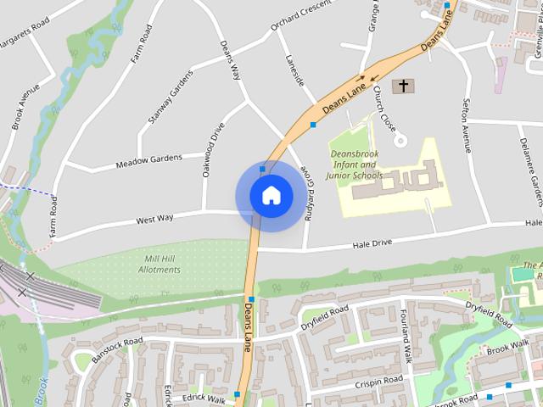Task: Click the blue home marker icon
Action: [x=271, y=196]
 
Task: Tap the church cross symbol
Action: [x=404, y=86]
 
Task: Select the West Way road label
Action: [x=154, y=219]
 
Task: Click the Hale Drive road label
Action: [x=372, y=244]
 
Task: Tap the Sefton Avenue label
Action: [x=466, y=125]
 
